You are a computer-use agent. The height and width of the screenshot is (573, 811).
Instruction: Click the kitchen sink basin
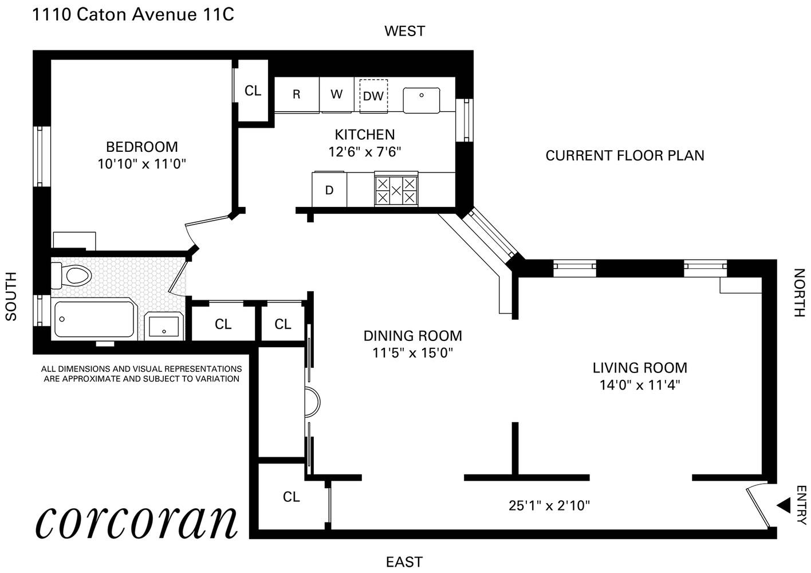click(x=422, y=100)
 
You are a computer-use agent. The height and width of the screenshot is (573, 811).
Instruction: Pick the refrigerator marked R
click(x=297, y=95)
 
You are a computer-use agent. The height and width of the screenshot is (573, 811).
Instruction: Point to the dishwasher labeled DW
click(x=373, y=96)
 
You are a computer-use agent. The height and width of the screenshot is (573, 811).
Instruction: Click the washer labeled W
click(x=336, y=95)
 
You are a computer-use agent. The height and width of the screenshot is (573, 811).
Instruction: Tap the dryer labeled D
click(x=329, y=190)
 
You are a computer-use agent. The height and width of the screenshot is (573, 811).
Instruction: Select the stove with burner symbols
click(x=396, y=190)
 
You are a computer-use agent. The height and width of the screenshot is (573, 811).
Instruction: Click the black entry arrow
click(x=784, y=505)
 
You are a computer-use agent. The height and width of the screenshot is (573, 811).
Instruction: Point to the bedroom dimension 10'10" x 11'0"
click(x=141, y=164)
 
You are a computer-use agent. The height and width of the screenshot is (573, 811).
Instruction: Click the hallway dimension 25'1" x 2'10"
click(x=549, y=505)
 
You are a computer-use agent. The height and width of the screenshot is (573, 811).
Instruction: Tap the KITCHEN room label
click(x=365, y=135)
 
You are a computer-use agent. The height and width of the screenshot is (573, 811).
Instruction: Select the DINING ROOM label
click(x=413, y=336)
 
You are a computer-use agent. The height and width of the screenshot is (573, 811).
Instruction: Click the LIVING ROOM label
click(x=640, y=368)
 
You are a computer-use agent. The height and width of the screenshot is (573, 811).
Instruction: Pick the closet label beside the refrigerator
click(x=253, y=91)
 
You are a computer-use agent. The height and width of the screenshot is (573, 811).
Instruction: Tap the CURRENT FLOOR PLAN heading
click(x=625, y=156)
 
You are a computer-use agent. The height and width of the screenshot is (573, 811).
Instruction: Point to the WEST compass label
click(x=404, y=31)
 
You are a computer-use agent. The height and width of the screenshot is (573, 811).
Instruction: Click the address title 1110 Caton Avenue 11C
click(x=133, y=15)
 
